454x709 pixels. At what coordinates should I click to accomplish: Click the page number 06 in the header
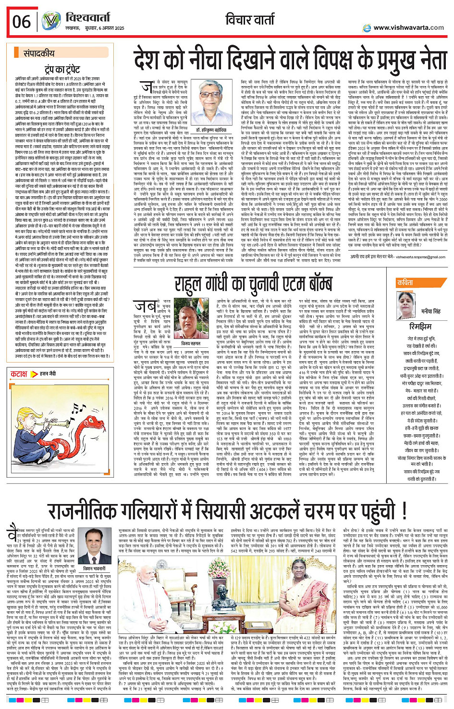click(x=22, y=22)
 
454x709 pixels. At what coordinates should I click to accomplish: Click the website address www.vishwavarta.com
click(x=408, y=27)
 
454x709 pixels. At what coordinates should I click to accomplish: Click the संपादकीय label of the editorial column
click(x=39, y=53)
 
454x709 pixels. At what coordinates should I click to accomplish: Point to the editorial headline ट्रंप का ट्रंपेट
click(x=62, y=70)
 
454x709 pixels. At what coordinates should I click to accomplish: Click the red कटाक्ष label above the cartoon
click(x=19, y=374)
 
